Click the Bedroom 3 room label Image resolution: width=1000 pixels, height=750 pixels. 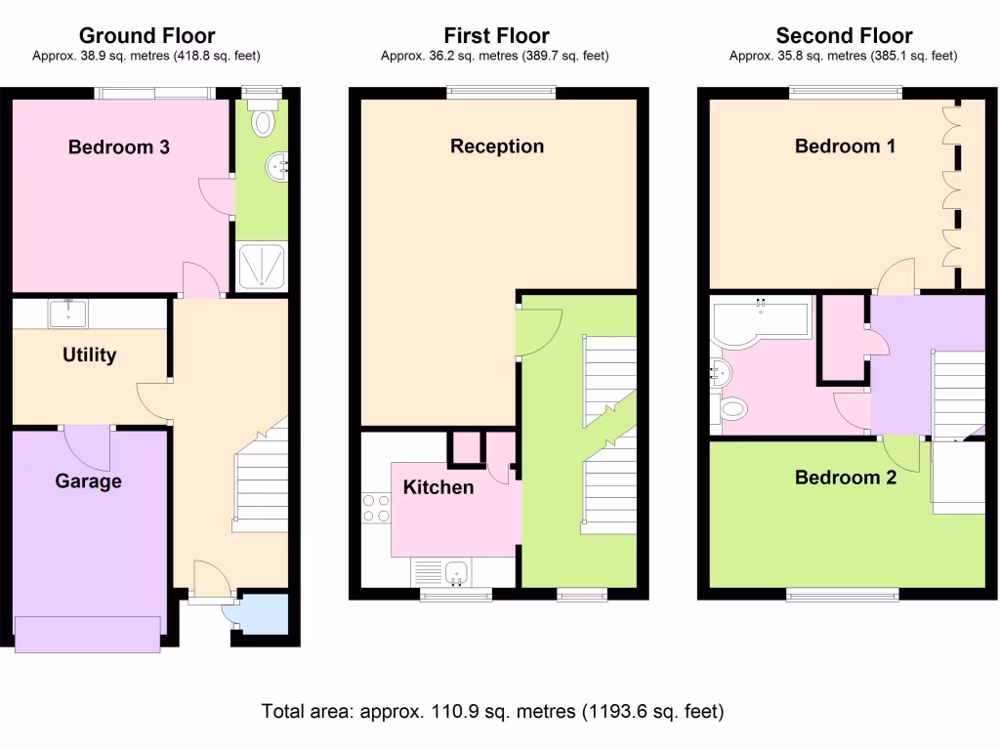pos(118,147)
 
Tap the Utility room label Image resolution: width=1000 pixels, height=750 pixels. pos(90,355)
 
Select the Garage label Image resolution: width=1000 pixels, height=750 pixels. pos(88,481)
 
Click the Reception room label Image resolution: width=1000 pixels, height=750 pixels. pos(497,146)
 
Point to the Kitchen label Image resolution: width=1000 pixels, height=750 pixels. pos(438,487)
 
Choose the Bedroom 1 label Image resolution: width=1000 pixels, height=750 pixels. pos(845,146)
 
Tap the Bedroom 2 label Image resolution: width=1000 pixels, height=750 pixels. pos(845,478)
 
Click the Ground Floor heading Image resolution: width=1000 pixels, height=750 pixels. pos(146,37)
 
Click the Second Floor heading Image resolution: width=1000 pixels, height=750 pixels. pos(844,37)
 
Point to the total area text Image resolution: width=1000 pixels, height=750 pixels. pos(493,711)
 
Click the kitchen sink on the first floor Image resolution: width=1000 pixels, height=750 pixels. pos(453,573)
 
